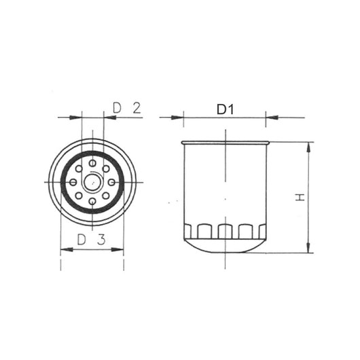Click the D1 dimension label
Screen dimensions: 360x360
[225, 109]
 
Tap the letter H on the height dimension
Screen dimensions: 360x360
[300, 197]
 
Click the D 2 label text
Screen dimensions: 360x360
[126, 107]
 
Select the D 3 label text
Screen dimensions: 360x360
[90, 239]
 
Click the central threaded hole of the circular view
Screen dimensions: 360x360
[92, 182]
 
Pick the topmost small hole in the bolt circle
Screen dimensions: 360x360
[92, 163]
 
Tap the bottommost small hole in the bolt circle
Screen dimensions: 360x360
[92, 201]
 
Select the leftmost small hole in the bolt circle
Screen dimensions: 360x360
[73, 182]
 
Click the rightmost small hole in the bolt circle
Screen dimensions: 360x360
[111, 182]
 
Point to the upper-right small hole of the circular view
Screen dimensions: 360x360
[106, 168]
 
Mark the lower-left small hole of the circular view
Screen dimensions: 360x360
[79, 196]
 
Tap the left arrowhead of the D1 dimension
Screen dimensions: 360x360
[179, 118]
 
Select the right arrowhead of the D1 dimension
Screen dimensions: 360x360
[271, 118]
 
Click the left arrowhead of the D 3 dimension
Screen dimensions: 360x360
[65, 250]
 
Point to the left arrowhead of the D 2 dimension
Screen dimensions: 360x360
[76, 118]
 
